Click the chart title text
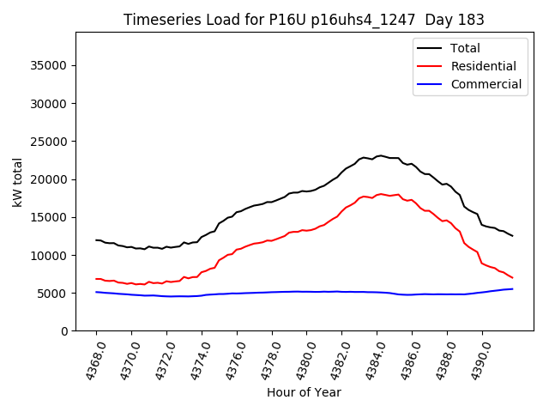(304, 20)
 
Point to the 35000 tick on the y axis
(50, 66)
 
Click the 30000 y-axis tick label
(50, 104)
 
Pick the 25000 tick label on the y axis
(50, 142)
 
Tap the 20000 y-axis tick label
(50, 179)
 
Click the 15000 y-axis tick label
(50, 217)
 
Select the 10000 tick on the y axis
(50, 256)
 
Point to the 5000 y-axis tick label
(53, 294)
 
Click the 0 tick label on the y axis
(63, 331)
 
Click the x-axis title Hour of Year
(304, 393)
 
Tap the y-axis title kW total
(17, 182)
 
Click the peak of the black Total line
(381, 155)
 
